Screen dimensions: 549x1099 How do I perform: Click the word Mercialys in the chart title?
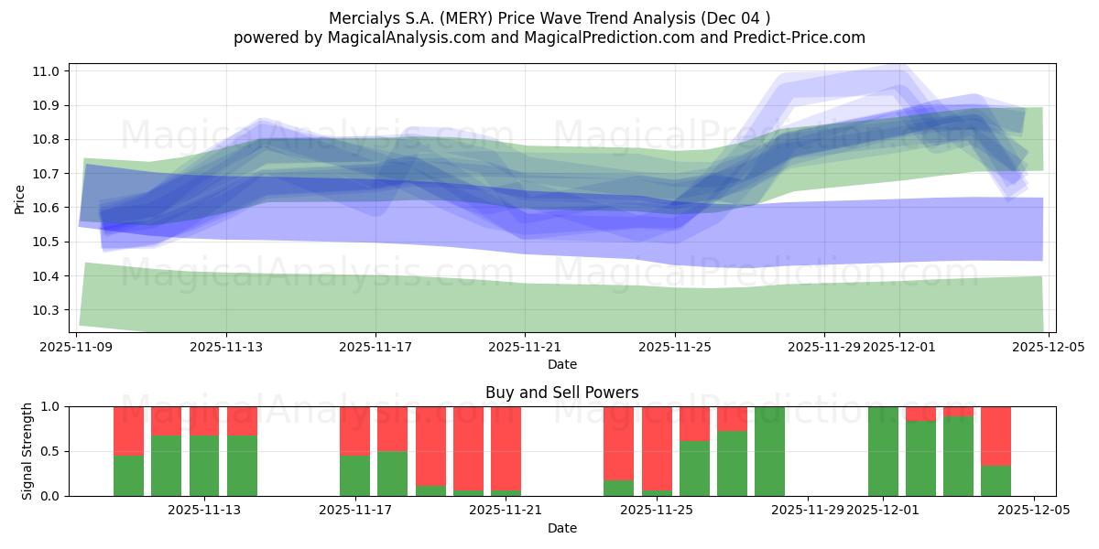[359, 17]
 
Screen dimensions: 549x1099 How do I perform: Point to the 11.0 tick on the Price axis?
[47, 71]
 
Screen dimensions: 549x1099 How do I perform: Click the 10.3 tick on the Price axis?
[47, 310]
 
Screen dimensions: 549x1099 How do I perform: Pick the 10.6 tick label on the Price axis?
[47, 208]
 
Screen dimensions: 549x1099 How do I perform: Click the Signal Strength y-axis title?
[27, 451]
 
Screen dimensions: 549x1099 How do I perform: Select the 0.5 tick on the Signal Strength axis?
[50, 451]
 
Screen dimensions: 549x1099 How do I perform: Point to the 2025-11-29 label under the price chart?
[824, 347]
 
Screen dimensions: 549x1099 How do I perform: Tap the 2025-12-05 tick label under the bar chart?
[1034, 510]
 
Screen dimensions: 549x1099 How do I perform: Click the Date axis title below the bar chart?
[561, 528]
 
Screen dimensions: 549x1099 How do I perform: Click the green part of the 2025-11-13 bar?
[204, 466]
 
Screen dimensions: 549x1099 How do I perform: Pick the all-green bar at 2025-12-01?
[883, 451]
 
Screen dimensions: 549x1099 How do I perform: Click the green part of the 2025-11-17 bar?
[355, 476]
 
